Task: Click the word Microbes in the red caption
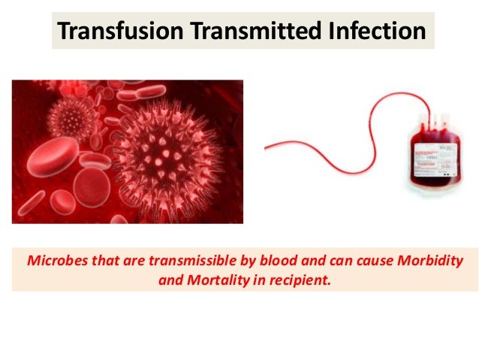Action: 54,261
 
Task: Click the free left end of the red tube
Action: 266,147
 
